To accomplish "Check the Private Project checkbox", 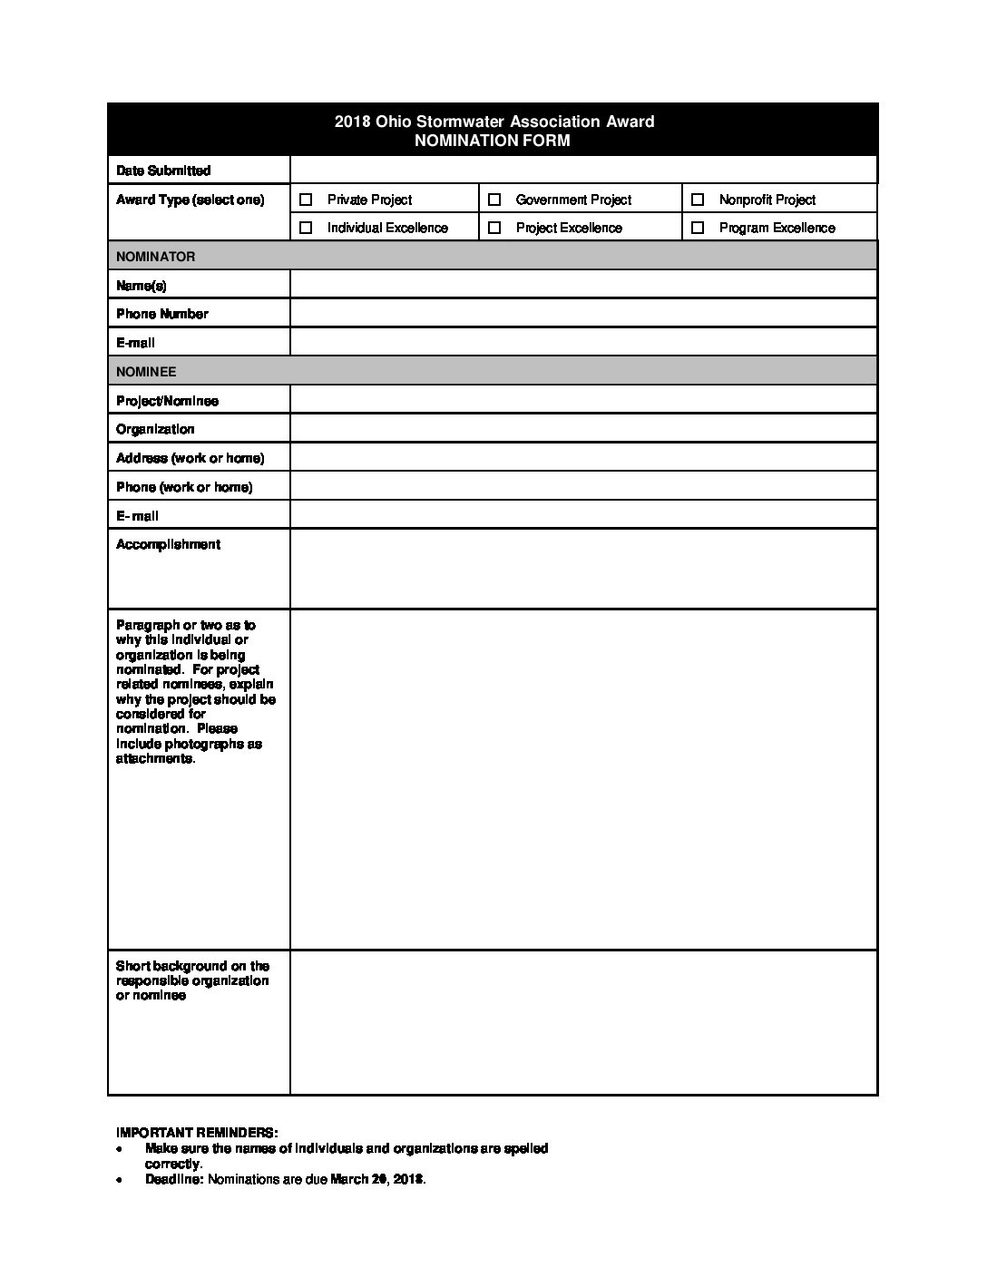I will pos(306,200).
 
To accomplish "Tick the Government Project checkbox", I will pos(494,200).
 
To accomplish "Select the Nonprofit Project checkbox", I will pos(698,200).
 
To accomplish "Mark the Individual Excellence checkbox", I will pos(306,228).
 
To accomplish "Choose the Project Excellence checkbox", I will pos(494,228).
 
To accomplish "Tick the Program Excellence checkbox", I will pos(698,228).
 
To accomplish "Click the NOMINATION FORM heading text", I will pos(493,141).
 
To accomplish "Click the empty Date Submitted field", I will pos(583,170).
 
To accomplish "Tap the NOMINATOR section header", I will pos(155,257).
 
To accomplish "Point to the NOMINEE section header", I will pos(146,372).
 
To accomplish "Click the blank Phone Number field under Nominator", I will pos(583,314).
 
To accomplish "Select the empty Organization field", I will pos(583,429).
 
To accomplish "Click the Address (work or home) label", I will pos(191,458).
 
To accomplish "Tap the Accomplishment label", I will pos(168,544).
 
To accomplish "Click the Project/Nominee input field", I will pos(583,400).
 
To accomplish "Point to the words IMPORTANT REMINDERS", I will pos(197,1133).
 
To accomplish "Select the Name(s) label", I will pos(142,286).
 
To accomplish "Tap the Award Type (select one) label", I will pos(191,200).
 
